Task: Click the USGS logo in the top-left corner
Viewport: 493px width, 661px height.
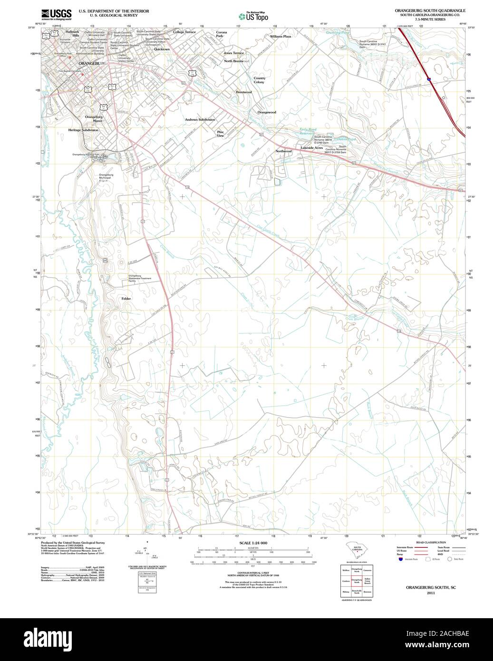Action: [x=56, y=14]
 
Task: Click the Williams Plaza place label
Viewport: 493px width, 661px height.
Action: [x=280, y=36]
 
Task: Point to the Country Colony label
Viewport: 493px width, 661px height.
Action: [x=259, y=80]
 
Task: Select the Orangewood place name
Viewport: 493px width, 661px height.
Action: [x=267, y=112]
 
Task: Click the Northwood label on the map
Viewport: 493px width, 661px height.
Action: [x=283, y=151]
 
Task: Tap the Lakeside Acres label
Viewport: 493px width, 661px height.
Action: [x=312, y=148]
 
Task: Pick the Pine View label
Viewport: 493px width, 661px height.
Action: [x=220, y=134]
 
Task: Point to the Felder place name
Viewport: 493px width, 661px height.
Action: [x=126, y=299]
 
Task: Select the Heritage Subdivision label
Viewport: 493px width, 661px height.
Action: [x=83, y=130]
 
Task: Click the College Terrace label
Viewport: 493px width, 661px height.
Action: [x=184, y=32]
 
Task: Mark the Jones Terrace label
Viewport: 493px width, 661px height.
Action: [x=234, y=53]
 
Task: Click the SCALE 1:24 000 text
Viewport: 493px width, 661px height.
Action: [x=253, y=543]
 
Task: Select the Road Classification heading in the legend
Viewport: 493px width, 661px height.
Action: [x=431, y=543]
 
